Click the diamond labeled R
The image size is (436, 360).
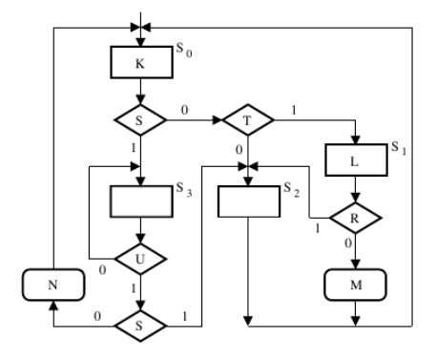tap(356, 218)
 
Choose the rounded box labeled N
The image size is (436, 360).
tap(54, 284)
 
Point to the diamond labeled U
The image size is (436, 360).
tap(140, 259)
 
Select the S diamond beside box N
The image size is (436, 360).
tap(140, 323)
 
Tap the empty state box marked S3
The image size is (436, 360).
tap(140, 202)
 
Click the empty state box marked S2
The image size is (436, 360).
tap(247, 202)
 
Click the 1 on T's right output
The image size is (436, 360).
tap(293, 111)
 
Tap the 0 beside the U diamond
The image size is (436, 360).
tap(102, 269)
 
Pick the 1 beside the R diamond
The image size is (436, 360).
tap(317, 228)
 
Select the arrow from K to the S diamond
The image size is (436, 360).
tap(140, 93)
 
